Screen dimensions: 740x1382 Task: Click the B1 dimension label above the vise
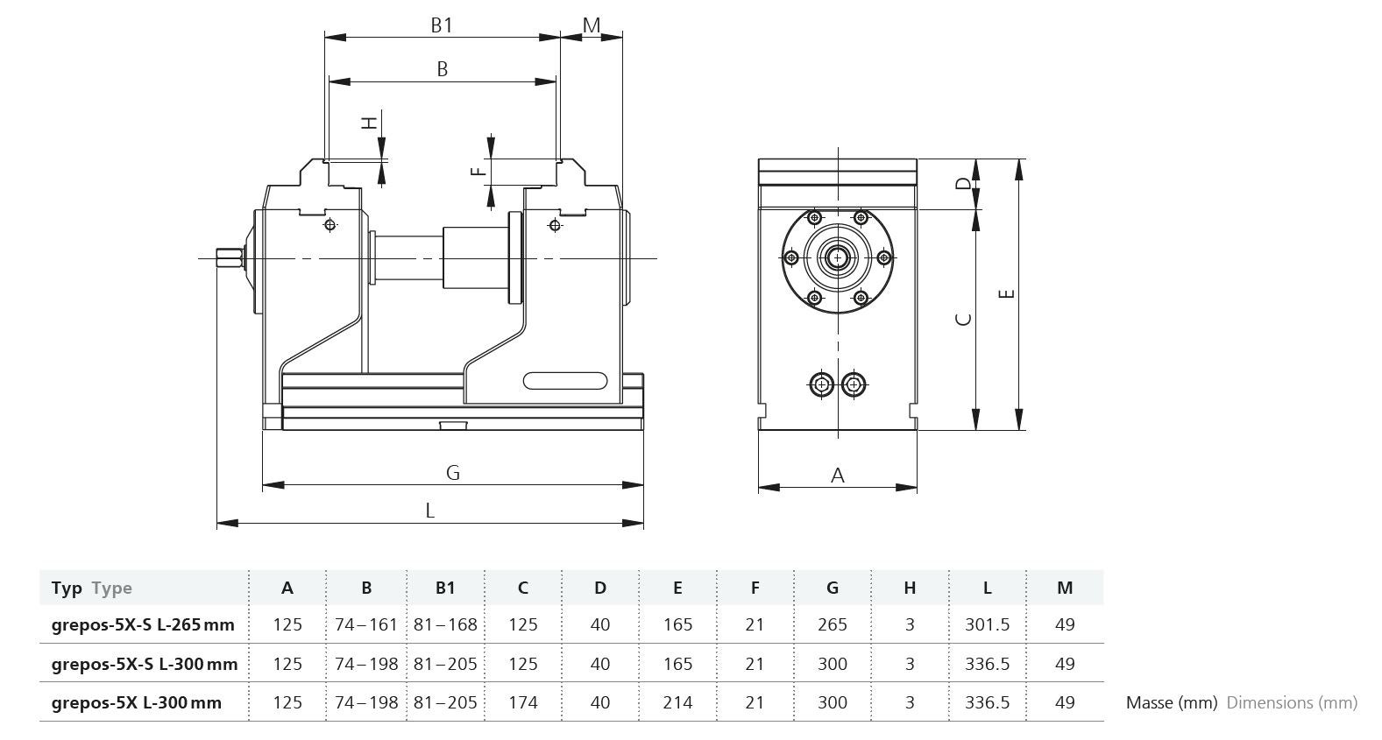coord(442,25)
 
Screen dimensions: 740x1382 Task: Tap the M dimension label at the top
coord(592,25)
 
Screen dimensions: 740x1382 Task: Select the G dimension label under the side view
coord(453,473)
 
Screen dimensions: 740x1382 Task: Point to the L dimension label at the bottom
coord(429,511)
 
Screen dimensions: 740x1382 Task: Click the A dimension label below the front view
coord(837,476)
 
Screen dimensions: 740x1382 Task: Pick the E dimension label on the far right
coord(1007,293)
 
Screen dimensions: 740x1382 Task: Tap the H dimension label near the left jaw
coord(370,123)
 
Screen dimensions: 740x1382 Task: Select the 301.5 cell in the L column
coord(987,624)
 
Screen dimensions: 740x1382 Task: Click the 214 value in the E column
coord(677,702)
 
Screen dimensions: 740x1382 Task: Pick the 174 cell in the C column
coord(522,702)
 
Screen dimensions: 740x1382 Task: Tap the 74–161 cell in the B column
coord(366,624)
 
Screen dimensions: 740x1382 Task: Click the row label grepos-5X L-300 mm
coord(137,702)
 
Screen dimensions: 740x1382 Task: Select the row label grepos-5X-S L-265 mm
coord(143,624)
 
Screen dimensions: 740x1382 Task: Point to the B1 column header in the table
coord(445,588)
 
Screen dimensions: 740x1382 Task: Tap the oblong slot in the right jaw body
coord(565,381)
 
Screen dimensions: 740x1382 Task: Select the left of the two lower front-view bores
coord(821,384)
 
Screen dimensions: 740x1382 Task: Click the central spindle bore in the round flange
coord(838,257)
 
